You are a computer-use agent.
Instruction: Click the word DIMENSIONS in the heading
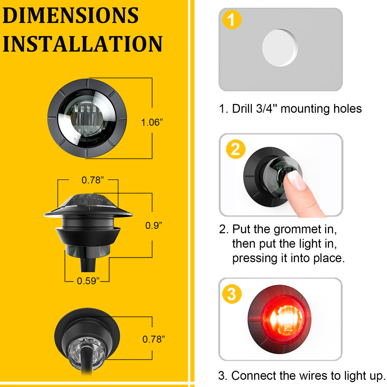pyautogui.click(x=71, y=15)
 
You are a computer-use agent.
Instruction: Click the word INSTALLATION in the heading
pyautogui.click(x=83, y=44)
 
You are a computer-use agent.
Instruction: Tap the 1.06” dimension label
pyautogui.click(x=152, y=123)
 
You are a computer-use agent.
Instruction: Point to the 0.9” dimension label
pyautogui.click(x=154, y=225)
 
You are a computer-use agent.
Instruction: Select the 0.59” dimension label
pyautogui.click(x=88, y=281)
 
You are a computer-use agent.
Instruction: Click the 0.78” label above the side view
pyautogui.click(x=93, y=180)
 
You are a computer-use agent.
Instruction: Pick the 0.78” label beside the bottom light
pyautogui.click(x=154, y=339)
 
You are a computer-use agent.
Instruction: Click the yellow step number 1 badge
pyautogui.click(x=232, y=20)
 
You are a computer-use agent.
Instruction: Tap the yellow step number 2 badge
pyautogui.click(x=236, y=149)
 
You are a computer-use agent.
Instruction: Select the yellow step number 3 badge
pyautogui.click(x=232, y=294)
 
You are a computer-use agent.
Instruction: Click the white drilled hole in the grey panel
pyautogui.click(x=280, y=48)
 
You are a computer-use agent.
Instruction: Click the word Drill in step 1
pyautogui.click(x=242, y=109)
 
